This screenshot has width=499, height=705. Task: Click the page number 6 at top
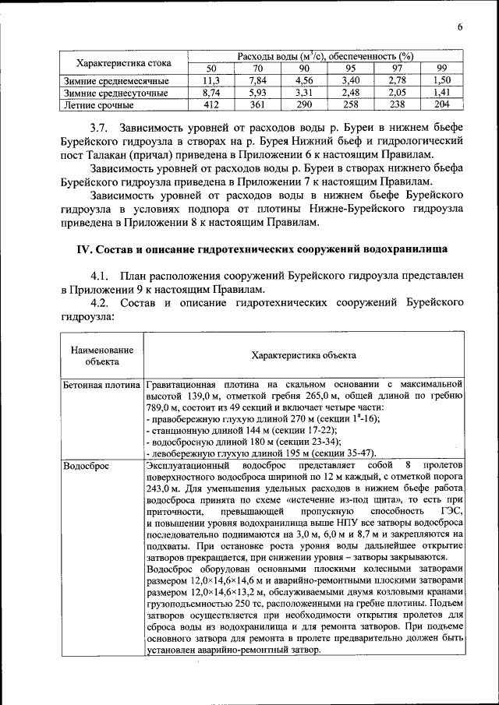coord(460,28)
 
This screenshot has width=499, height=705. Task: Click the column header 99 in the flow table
coord(442,69)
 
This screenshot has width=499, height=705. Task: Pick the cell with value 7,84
coord(257,81)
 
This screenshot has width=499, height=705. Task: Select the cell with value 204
coord(442,104)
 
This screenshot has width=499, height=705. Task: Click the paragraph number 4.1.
coord(101,276)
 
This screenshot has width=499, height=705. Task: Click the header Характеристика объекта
coord(303,355)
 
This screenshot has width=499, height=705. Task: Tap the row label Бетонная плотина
coord(101,385)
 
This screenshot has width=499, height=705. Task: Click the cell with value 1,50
coord(442,81)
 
